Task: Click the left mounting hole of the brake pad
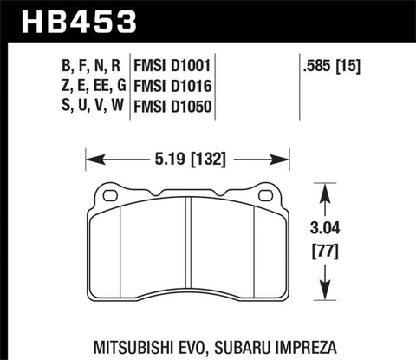point(110,196)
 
